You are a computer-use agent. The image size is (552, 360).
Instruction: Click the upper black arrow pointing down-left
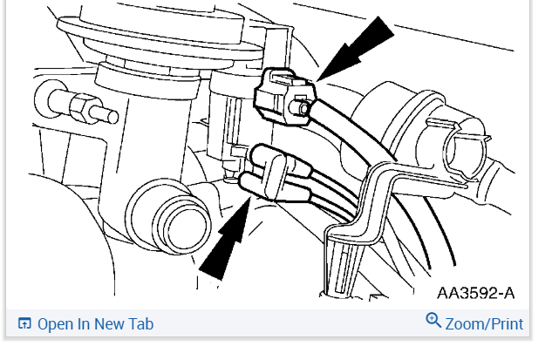click(356, 50)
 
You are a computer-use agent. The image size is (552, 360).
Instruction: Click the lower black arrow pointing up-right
click(225, 240)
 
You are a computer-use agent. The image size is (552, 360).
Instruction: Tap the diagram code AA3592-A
click(475, 293)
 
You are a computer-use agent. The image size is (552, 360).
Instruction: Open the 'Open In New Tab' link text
click(95, 324)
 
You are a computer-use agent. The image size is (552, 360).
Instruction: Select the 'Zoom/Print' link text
click(484, 324)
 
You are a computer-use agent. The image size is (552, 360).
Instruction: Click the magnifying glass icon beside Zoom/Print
click(433, 320)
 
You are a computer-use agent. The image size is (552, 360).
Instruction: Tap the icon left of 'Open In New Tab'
click(24, 323)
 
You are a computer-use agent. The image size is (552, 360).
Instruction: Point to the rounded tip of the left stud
click(113, 117)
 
